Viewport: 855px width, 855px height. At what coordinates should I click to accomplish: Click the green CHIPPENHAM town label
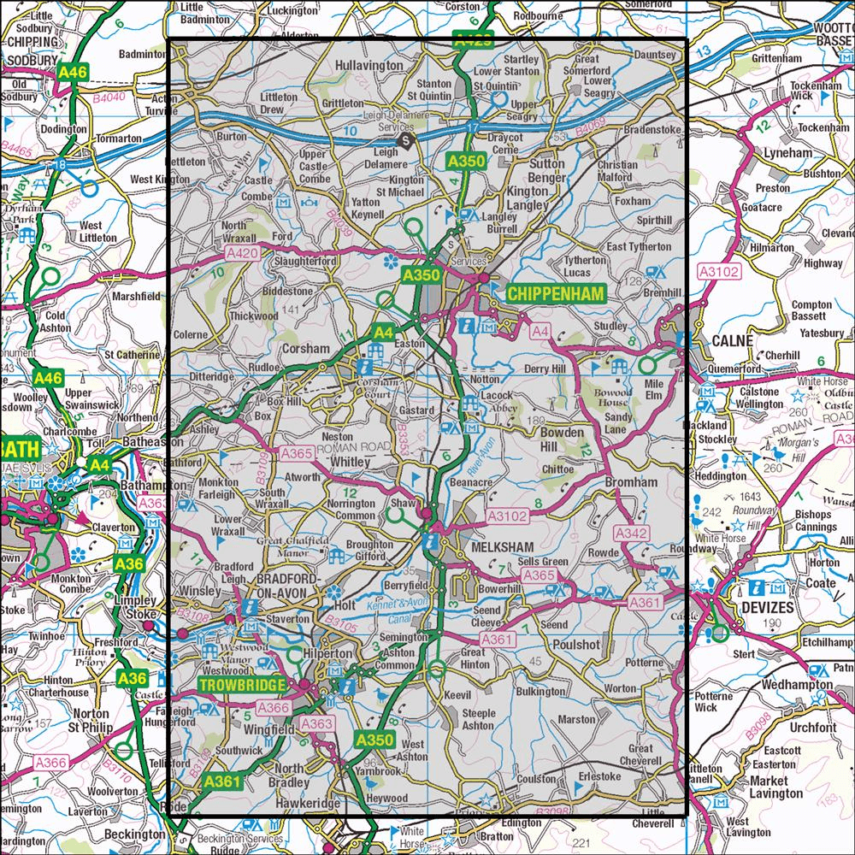click(x=555, y=293)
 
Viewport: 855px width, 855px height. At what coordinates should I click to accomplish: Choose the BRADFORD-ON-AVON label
click(x=287, y=586)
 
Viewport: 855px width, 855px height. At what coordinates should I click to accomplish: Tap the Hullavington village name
click(x=369, y=65)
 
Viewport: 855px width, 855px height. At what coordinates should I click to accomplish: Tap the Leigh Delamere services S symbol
click(x=406, y=142)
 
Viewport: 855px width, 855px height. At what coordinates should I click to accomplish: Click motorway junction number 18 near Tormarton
click(x=59, y=164)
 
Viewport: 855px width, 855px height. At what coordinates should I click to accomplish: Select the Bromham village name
click(x=631, y=483)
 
